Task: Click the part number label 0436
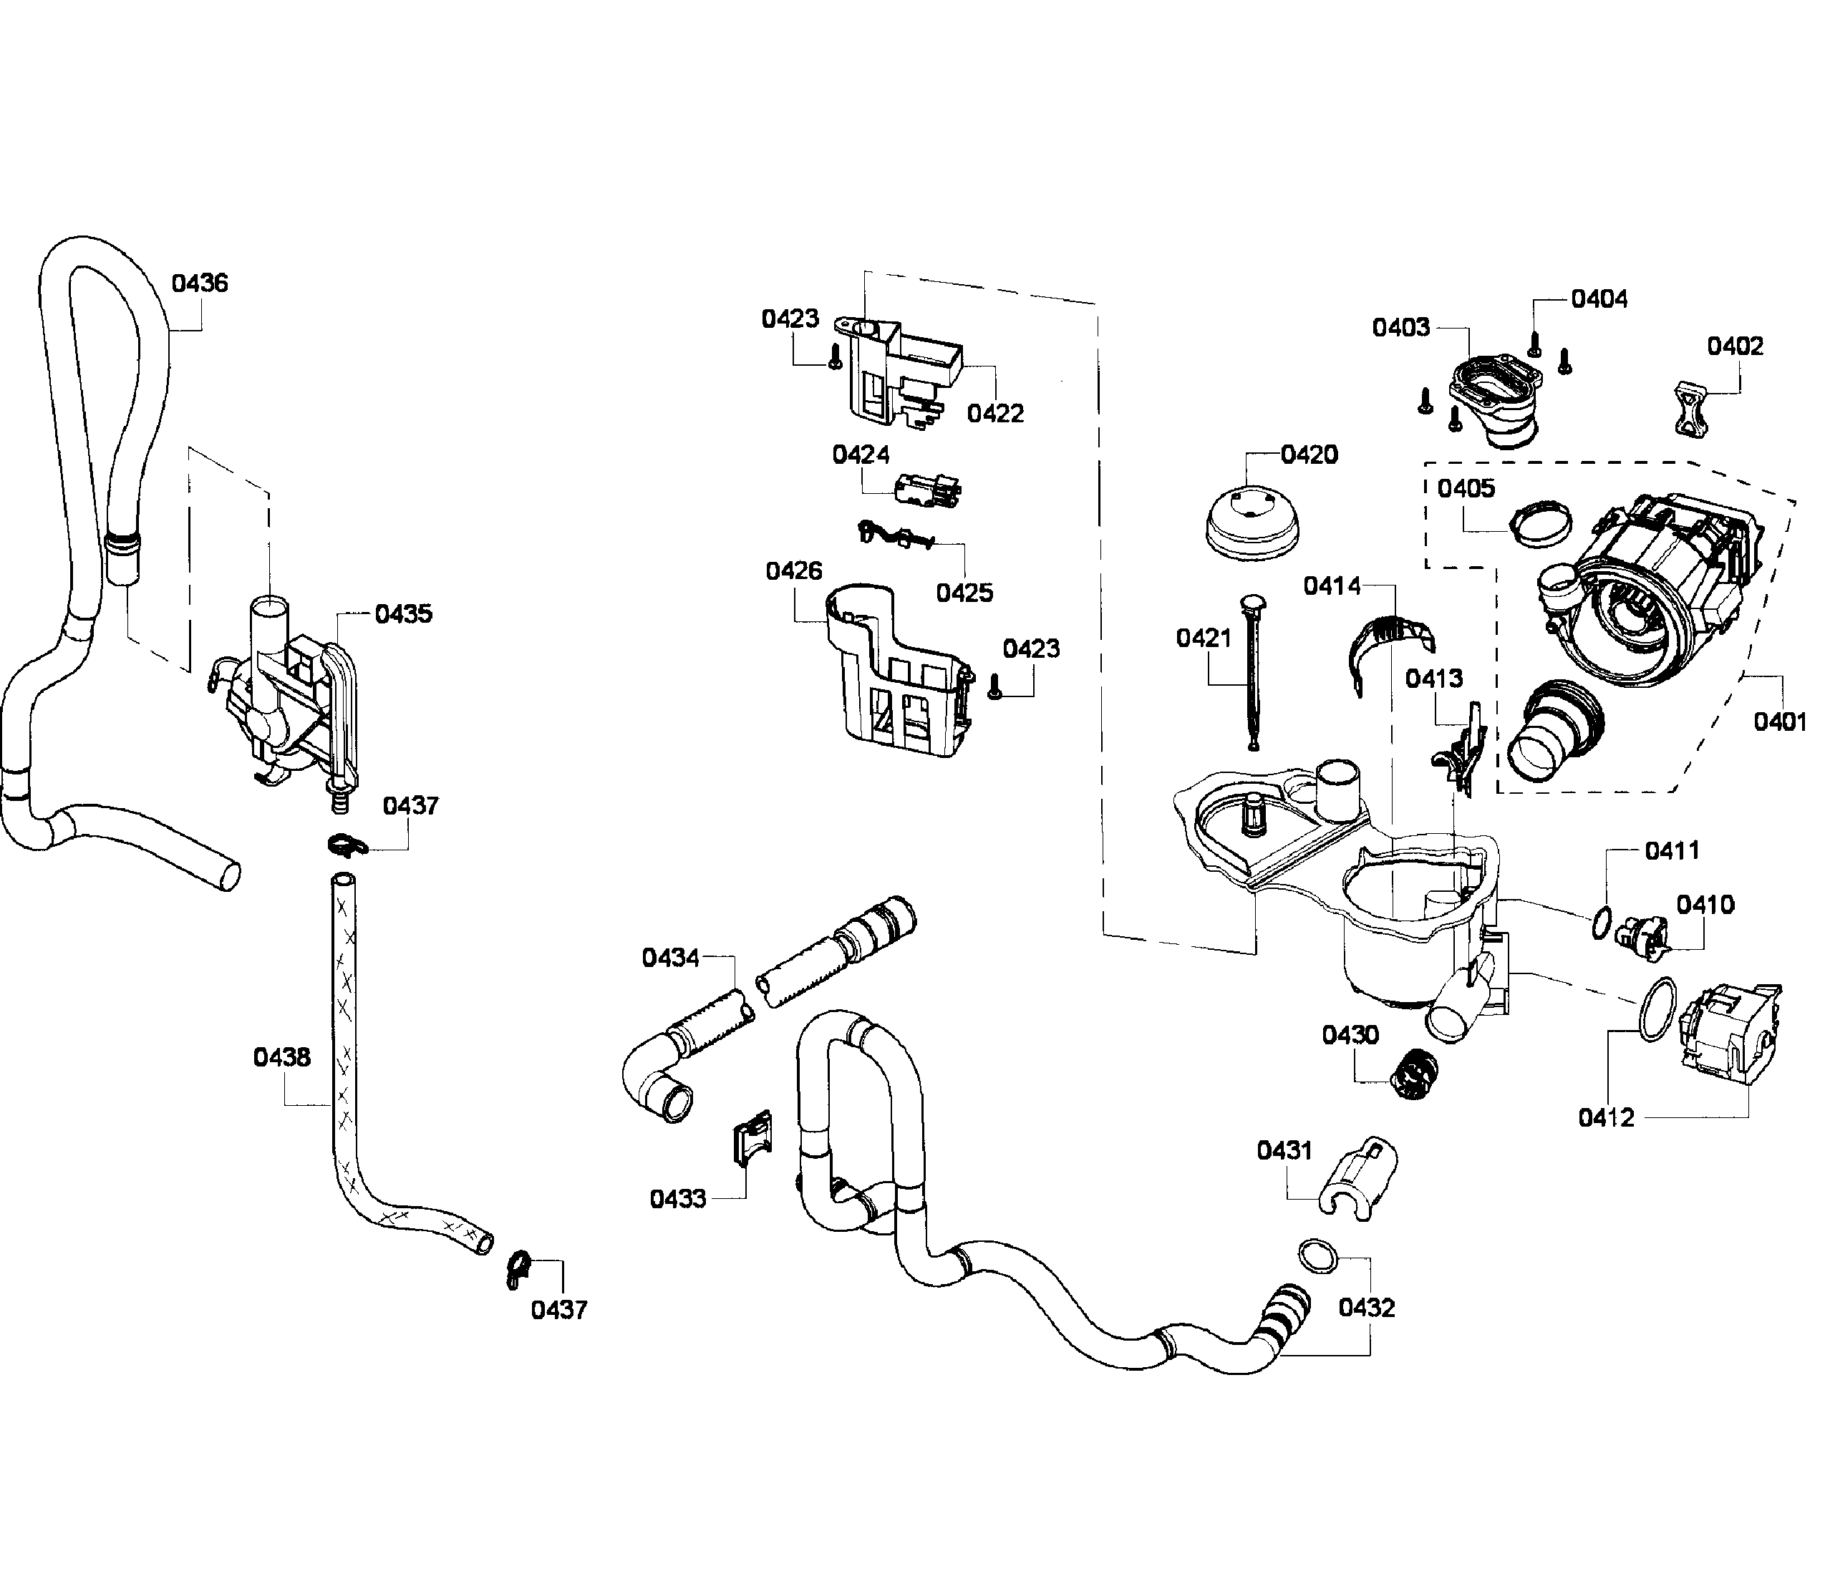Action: click(199, 283)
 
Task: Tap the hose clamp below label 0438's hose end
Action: click(519, 1268)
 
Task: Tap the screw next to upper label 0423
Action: click(836, 356)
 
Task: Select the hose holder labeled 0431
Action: click(1362, 1178)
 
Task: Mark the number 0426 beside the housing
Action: click(793, 571)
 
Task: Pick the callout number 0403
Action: click(1400, 328)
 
